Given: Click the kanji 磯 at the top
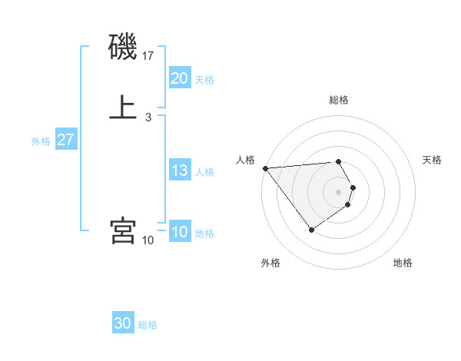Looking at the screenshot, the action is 124,48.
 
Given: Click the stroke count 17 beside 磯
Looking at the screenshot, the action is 148,56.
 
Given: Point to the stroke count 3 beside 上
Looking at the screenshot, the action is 148,117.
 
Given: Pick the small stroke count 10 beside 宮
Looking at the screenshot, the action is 148,240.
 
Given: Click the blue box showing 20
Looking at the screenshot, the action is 180,78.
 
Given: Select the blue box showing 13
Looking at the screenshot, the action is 180,171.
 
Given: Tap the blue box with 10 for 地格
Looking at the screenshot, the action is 180,232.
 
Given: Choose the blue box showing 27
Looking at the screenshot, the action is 65,140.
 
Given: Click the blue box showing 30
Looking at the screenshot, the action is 123,323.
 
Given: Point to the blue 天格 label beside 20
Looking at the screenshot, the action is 204,80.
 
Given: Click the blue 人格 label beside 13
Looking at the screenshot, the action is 204,172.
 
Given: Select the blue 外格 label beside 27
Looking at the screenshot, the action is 41,141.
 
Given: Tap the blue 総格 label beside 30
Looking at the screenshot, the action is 148,325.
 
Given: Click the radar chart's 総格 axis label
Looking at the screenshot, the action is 339,100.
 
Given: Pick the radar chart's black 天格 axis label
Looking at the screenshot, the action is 432,160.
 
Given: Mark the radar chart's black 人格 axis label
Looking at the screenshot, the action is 245,160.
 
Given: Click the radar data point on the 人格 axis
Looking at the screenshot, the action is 265,167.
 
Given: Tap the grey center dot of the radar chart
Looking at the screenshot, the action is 339,191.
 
